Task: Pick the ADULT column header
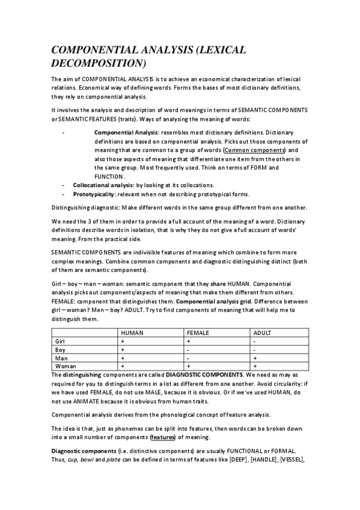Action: click(263, 333)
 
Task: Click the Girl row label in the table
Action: click(60, 341)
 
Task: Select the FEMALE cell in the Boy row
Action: click(188, 349)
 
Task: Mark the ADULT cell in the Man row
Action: click(254, 358)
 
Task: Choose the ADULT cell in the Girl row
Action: click(254, 341)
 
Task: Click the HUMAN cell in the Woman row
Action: click(122, 366)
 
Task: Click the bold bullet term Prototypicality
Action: click(94, 194)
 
